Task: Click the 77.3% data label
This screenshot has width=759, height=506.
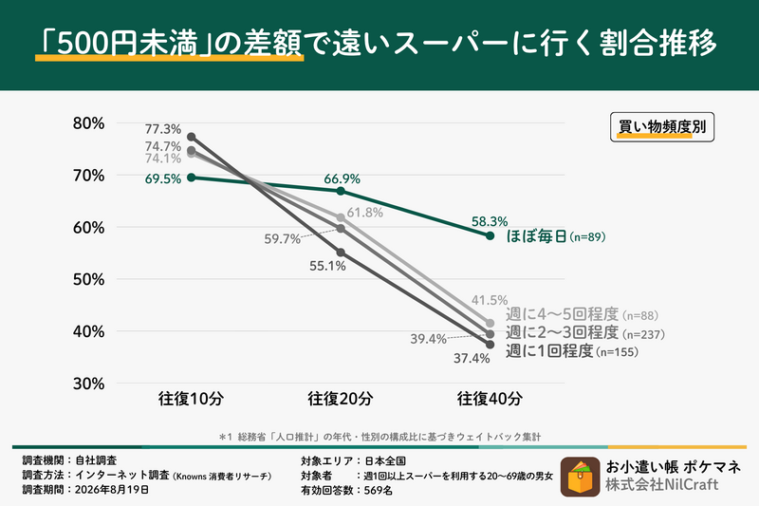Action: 163,129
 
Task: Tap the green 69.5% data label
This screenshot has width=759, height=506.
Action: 163,179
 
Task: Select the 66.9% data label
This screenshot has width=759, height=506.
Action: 342,179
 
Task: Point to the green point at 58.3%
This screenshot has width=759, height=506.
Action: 490,235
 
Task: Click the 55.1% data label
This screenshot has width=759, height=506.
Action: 327,266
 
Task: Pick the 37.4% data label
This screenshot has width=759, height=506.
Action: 472,358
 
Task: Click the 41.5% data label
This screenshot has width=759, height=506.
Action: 490,300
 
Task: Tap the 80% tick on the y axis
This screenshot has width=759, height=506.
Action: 88,123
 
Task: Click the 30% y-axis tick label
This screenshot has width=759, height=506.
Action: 88,384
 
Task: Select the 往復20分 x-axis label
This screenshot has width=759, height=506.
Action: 341,399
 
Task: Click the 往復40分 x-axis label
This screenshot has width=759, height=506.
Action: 490,399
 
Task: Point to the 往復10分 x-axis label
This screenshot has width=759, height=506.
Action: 191,399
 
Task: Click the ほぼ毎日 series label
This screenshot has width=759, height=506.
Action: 536,236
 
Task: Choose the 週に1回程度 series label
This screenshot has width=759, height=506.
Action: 549,351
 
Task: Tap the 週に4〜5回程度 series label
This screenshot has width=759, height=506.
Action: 563,315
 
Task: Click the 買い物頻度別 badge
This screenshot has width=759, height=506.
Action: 662,127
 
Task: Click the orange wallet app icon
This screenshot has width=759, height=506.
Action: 580,477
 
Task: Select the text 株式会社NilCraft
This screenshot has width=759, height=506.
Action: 662,485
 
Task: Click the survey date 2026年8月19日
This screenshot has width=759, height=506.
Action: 112,490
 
